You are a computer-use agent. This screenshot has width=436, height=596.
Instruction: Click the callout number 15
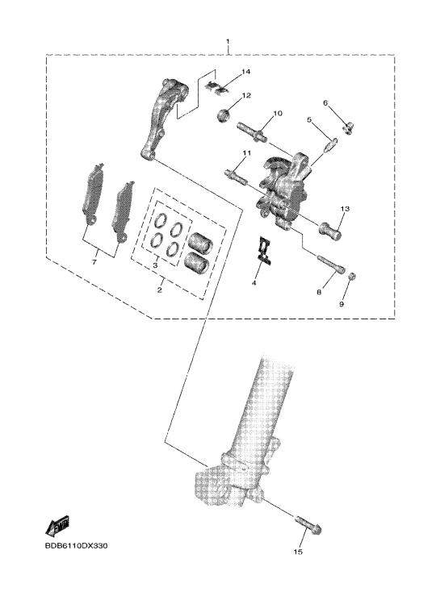298,551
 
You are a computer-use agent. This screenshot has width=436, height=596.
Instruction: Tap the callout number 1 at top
228,41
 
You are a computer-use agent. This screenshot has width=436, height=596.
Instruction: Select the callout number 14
246,72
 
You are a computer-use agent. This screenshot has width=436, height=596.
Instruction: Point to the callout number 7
94,262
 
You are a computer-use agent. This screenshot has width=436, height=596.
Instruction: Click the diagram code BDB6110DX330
76,546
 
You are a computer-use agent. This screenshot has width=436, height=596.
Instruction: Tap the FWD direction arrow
57,525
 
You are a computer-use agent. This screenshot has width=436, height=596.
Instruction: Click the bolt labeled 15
308,524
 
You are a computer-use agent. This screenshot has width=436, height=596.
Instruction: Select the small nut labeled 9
352,277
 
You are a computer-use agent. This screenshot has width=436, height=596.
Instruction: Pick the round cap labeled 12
224,115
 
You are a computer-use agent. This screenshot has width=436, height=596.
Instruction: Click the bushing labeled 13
330,231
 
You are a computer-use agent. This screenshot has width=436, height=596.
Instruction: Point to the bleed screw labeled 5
330,145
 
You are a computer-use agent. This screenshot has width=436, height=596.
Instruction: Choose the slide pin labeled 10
252,131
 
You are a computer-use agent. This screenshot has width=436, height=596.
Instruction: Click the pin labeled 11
237,176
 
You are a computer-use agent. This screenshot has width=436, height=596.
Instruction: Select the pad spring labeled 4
264,250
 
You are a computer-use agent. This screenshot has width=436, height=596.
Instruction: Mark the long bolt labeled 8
331,264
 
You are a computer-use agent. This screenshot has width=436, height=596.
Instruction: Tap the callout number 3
155,265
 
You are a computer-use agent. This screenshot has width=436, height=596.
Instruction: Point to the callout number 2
159,290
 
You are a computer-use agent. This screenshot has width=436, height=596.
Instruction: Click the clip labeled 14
218,87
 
